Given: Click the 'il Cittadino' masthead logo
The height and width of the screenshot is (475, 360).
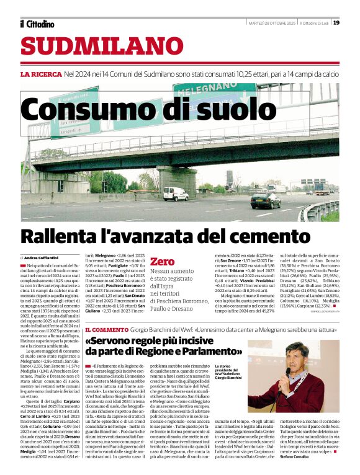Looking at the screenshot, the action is (37, 24).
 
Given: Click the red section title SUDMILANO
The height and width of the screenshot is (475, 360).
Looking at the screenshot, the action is (94, 46).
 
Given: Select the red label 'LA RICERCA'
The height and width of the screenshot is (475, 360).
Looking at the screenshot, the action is (41, 74).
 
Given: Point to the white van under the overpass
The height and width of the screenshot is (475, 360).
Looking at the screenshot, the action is (176, 193).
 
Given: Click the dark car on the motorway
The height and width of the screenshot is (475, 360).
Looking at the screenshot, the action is (265, 200).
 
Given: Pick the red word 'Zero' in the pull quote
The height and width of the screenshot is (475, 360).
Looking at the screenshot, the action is (163, 262).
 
